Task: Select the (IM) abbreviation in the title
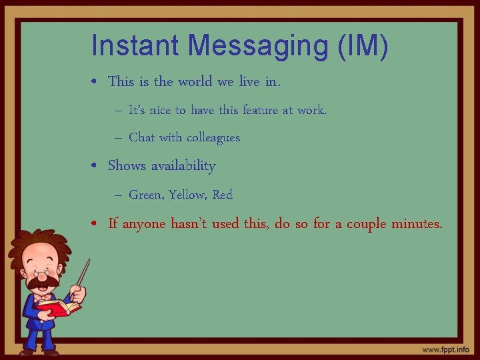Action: (x=363, y=46)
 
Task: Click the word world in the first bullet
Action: (x=195, y=82)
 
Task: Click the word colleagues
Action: (x=213, y=138)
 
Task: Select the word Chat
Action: (x=141, y=138)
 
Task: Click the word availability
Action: (x=183, y=166)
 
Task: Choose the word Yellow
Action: (x=188, y=195)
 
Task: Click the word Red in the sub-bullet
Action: (x=223, y=195)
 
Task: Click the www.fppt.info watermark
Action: (x=445, y=349)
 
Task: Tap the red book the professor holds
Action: (x=60, y=307)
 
